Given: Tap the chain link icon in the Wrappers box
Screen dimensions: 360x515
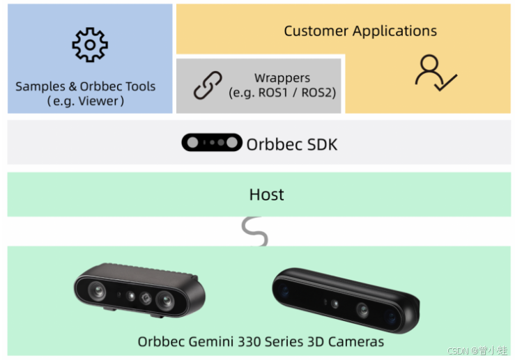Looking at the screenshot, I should pyautogui.click(x=207, y=85).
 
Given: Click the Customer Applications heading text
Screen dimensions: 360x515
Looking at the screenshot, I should pyautogui.click(x=360, y=31).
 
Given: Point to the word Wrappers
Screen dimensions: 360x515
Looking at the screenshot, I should pyautogui.click(x=282, y=78).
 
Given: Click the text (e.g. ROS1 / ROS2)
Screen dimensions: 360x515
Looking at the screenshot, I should pyautogui.click(x=282, y=92).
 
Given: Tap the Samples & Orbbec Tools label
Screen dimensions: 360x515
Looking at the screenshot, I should pyautogui.click(x=86, y=87).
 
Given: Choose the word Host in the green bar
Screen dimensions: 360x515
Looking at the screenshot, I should pyautogui.click(x=267, y=194).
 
